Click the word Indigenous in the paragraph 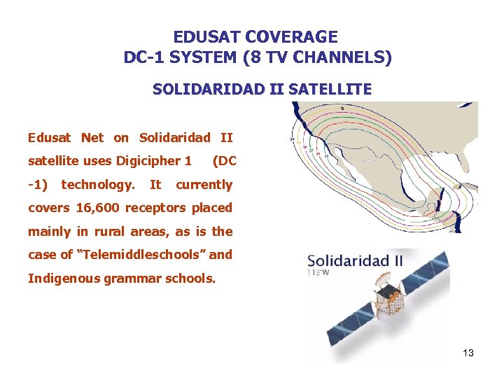[64, 279]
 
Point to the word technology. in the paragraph [98, 185]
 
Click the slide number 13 [468, 353]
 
